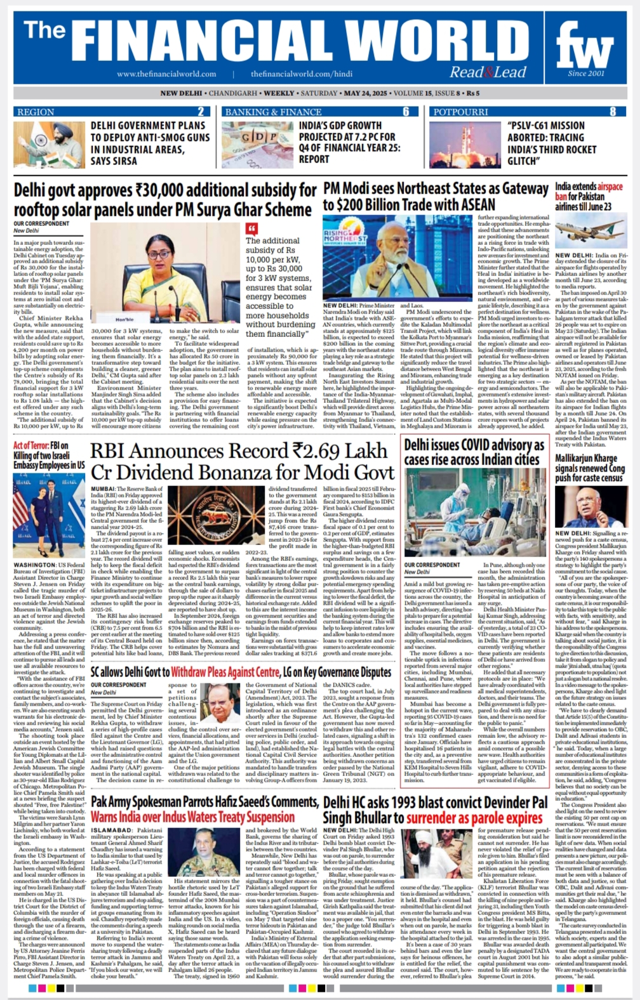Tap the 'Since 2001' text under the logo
tap(586, 74)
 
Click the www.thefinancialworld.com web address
tap(166, 74)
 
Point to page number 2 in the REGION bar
tap(201, 112)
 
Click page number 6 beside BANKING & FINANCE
tap(406, 112)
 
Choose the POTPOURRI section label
tap(461, 112)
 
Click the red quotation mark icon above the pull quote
tap(252, 228)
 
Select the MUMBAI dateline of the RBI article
tap(103, 489)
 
